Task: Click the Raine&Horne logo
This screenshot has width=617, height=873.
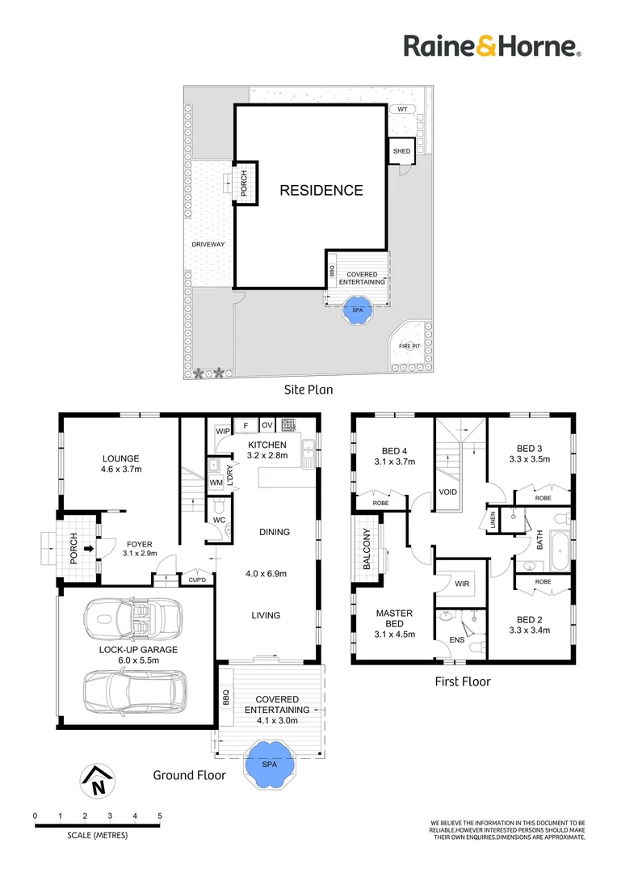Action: click(x=493, y=45)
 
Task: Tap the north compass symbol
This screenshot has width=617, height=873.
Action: click(x=98, y=781)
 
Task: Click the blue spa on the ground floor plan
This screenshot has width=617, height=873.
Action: click(x=269, y=764)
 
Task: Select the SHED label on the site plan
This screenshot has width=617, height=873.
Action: click(x=401, y=151)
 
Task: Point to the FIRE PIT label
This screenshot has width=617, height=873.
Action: click(x=409, y=346)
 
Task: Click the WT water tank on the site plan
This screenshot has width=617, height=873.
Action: click(x=402, y=109)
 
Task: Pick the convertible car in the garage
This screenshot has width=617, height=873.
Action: click(x=133, y=620)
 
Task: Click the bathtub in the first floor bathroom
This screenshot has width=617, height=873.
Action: click(x=560, y=550)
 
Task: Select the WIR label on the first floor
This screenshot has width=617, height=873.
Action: click(x=462, y=584)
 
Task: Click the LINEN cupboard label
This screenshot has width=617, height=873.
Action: click(x=493, y=520)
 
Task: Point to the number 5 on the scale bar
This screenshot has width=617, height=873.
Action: click(x=160, y=816)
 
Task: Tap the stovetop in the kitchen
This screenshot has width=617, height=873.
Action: click(x=288, y=425)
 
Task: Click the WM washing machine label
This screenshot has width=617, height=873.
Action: click(x=216, y=483)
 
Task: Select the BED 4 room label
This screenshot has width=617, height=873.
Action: click(x=394, y=451)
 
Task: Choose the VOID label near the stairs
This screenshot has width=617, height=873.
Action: click(x=448, y=491)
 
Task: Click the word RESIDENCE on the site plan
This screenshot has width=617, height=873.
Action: click(x=321, y=191)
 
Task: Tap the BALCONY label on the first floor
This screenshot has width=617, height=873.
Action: click(x=367, y=549)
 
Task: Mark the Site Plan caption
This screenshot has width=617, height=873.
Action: click(x=308, y=390)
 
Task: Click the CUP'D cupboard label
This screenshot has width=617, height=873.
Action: click(x=197, y=580)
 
